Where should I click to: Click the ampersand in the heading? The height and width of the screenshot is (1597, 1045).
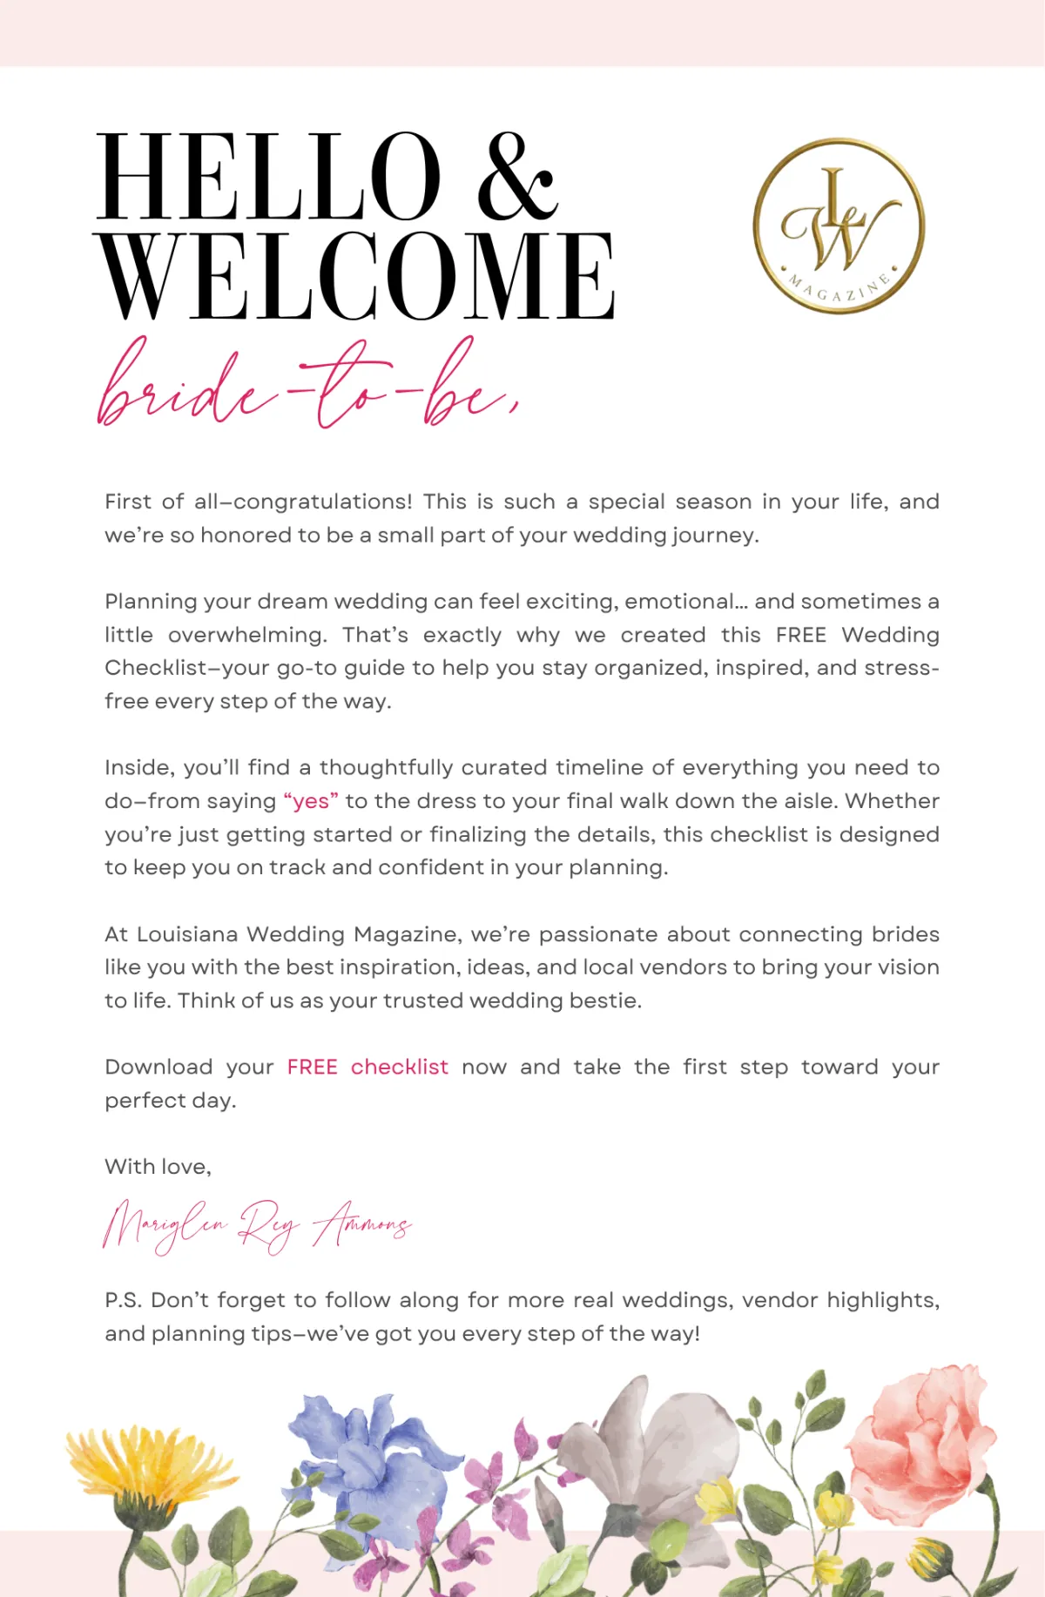pyautogui.click(x=516, y=178)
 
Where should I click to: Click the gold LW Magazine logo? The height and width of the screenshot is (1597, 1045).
pyautogui.click(x=839, y=226)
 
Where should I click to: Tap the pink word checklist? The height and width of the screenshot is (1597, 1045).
pyautogui.click(x=400, y=1068)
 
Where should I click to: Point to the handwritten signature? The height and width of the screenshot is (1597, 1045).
pyautogui.click(x=256, y=1226)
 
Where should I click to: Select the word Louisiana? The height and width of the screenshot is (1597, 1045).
pyautogui.click(x=187, y=934)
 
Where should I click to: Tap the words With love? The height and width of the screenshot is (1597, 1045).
pyautogui.click(x=158, y=1167)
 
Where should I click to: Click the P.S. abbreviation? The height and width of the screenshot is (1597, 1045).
pyautogui.click(x=124, y=1300)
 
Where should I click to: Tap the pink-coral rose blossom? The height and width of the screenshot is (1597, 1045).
pyautogui.click(x=919, y=1437)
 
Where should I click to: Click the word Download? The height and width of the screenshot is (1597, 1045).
pyautogui.click(x=158, y=1068)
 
